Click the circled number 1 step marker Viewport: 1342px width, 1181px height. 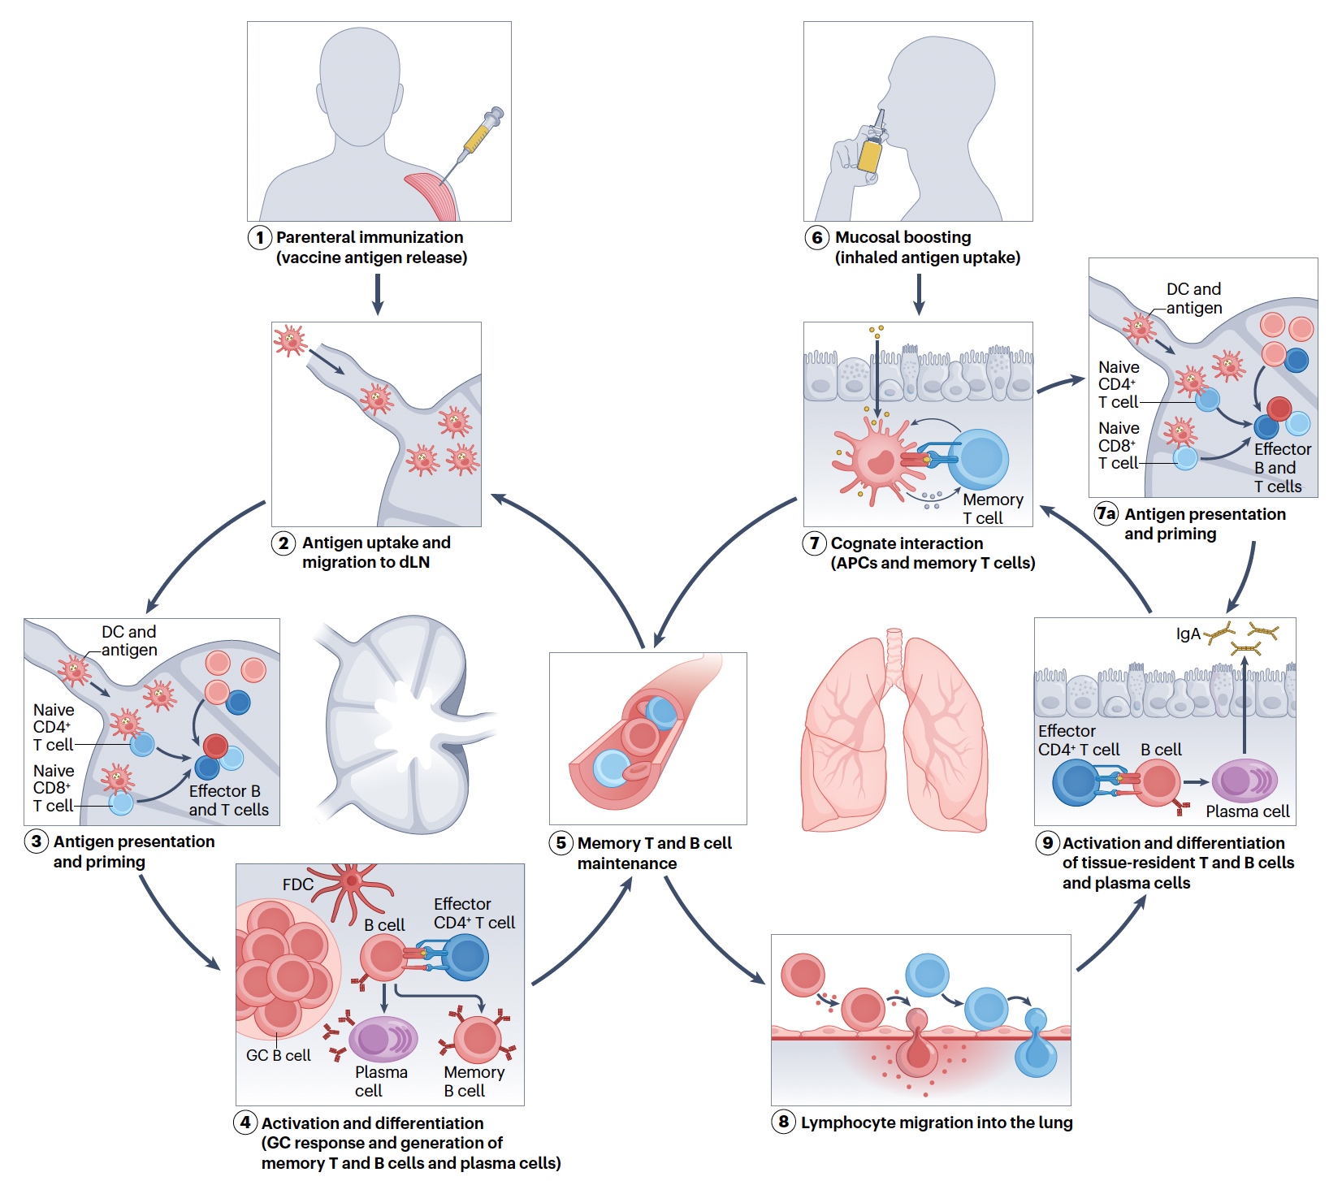pyautogui.click(x=259, y=238)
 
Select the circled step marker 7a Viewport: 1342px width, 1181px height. pyautogui.click(x=1106, y=513)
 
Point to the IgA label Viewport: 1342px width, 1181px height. pyautogui.click(x=1188, y=634)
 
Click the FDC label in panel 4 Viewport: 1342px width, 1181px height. pyautogui.click(x=297, y=885)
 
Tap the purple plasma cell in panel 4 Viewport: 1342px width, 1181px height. pyautogui.click(x=383, y=1039)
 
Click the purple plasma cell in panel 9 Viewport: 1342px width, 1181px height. pyautogui.click(x=1244, y=781)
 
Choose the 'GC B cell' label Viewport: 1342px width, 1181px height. pyautogui.click(x=279, y=1055)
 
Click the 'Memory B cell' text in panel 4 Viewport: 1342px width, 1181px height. pyautogui.click(x=474, y=1081)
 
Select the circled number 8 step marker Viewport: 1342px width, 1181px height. pyautogui.click(x=783, y=1123)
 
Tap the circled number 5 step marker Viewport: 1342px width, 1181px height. pyautogui.click(x=561, y=843)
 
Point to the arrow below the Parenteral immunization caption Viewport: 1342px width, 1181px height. pyautogui.click(x=378, y=294)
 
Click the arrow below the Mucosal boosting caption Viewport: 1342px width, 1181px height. pyautogui.click(x=919, y=294)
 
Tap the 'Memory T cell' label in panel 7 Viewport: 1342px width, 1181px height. pyautogui.click(x=992, y=508)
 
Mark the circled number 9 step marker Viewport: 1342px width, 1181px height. pyautogui.click(x=1048, y=843)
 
